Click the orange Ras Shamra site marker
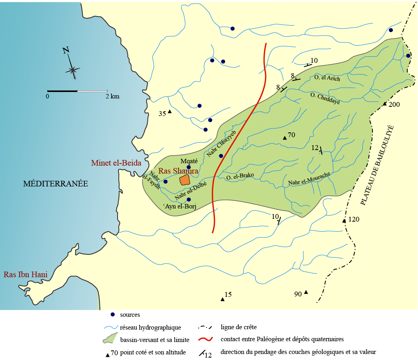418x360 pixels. [x=184, y=180]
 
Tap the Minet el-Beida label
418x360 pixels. [x=113, y=163]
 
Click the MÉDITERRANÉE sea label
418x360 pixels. [x=55, y=184]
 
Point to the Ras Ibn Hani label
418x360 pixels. [x=26, y=275]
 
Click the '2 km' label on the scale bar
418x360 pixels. [x=112, y=96]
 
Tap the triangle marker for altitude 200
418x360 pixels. [x=384, y=104]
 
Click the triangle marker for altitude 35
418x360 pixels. [x=169, y=112]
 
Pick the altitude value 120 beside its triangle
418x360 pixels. [x=354, y=220]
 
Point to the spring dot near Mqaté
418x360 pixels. [x=189, y=167]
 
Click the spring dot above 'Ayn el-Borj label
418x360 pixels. [x=189, y=199]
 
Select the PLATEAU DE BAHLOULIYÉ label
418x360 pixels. [x=377, y=165]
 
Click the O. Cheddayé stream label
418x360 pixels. [x=325, y=98]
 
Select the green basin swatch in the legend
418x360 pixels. [x=110, y=338]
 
